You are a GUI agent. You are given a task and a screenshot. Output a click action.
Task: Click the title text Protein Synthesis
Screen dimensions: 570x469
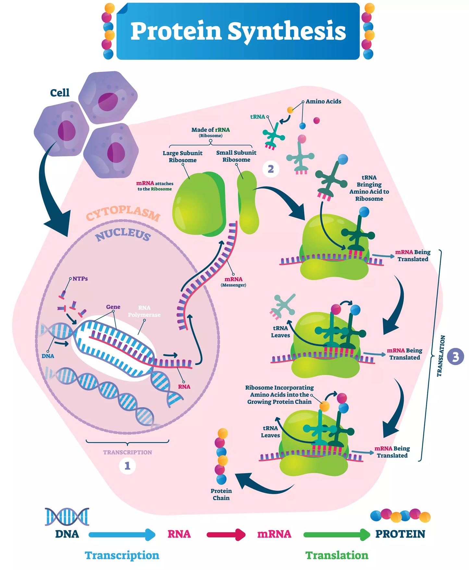[238, 32]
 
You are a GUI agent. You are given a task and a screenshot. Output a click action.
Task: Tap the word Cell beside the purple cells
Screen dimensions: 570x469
[60, 93]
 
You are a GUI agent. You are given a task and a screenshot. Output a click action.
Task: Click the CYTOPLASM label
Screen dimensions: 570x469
[123, 213]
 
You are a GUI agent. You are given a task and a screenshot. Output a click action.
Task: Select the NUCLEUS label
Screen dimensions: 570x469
[123, 234]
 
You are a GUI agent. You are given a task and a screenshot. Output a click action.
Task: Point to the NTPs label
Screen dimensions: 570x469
[80, 279]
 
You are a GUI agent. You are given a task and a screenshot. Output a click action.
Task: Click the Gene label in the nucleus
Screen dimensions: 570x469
[113, 307]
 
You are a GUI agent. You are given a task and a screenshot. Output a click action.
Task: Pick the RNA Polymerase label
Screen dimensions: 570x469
[144, 311]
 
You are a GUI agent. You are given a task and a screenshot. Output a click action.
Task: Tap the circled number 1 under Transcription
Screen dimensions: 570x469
[127, 466]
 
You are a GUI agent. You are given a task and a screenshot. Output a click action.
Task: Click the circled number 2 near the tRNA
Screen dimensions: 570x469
[271, 169]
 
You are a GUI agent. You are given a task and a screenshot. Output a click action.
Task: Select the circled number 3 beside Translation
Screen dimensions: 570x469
[455, 356]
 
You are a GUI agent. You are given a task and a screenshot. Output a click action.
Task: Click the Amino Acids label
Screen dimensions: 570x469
[323, 101]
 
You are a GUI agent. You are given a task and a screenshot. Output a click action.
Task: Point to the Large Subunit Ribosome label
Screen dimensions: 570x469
[182, 157]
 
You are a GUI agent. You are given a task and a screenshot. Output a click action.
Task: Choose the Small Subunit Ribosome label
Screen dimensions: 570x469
[236, 156]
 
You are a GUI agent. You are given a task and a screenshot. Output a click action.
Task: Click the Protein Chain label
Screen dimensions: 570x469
[221, 494]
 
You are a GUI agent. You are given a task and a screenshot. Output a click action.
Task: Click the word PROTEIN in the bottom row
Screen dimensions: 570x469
[400, 534]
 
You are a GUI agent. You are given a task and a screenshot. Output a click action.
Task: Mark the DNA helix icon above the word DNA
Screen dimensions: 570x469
[67, 517]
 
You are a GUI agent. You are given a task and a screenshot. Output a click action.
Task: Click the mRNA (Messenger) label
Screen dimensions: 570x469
[233, 282]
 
